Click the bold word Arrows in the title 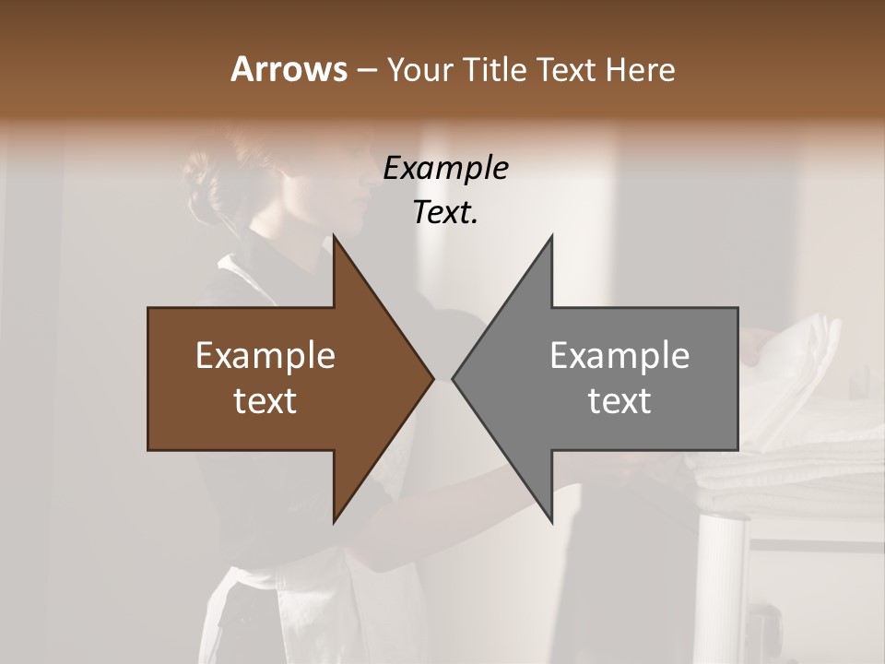tap(289, 69)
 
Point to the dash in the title tap(365, 70)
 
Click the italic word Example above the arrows tap(446, 169)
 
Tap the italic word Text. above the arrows tap(446, 213)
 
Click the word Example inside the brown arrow tap(265, 356)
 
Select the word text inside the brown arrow tap(265, 401)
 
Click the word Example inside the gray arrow tap(619, 356)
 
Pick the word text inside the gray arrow tap(619, 401)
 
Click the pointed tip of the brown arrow tap(433, 378)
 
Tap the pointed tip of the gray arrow tap(453, 378)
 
